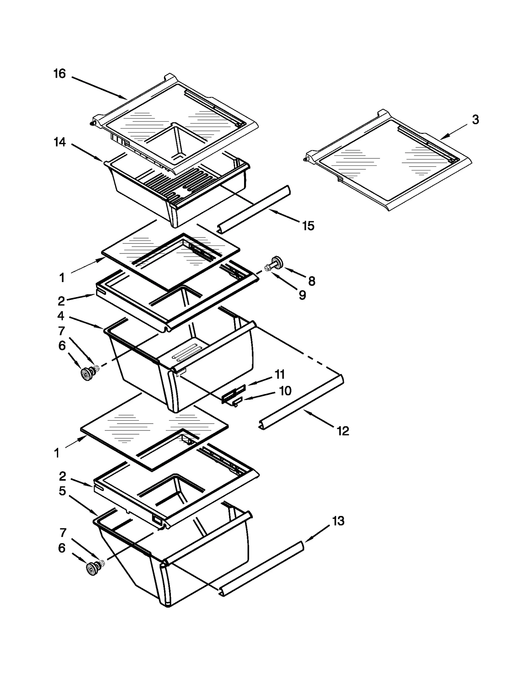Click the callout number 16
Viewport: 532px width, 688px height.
[60, 74]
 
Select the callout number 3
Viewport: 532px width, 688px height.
[475, 120]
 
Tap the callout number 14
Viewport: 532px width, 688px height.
[60, 143]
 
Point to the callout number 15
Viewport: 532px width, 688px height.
[308, 226]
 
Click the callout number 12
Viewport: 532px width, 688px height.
[343, 431]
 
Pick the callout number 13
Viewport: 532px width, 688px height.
[338, 521]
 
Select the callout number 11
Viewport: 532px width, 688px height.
[280, 374]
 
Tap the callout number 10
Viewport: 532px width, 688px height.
[285, 391]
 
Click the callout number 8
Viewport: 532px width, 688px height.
[312, 281]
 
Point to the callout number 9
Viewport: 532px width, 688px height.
[302, 295]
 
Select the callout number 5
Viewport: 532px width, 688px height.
[62, 491]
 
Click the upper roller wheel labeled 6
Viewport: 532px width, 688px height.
[87, 373]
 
